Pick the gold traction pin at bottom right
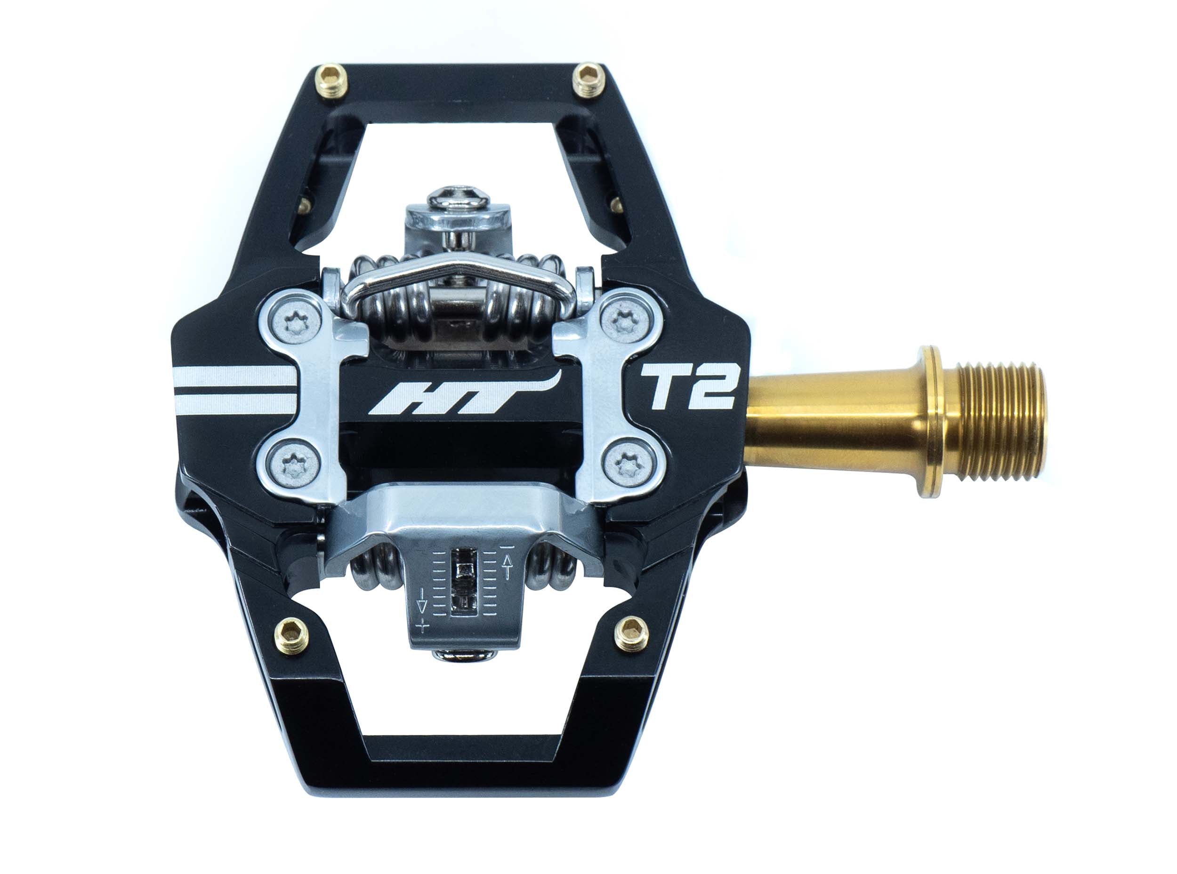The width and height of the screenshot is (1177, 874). point(631,633)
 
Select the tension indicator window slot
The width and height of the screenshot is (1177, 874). point(465,582)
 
